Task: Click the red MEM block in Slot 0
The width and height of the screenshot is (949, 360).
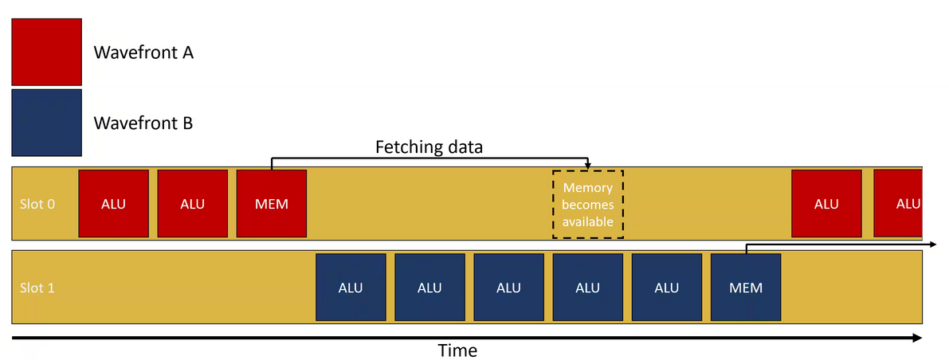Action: pyautogui.click(x=272, y=203)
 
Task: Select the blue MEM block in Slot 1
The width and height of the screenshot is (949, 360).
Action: pyautogui.click(x=745, y=288)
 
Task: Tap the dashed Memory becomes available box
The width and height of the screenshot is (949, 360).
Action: pyautogui.click(x=588, y=204)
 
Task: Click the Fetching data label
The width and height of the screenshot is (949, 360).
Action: pyautogui.click(x=429, y=147)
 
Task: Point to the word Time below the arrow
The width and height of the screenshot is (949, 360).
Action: pyautogui.click(x=458, y=350)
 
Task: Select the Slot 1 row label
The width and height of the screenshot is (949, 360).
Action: pyautogui.click(x=37, y=288)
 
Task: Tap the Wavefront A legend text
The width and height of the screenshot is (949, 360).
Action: pyautogui.click(x=143, y=53)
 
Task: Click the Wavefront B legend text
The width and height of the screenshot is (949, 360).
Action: pyautogui.click(x=143, y=123)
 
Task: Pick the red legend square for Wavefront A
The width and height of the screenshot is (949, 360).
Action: pyautogui.click(x=46, y=51)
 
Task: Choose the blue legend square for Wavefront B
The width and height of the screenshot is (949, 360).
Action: pyautogui.click(x=46, y=122)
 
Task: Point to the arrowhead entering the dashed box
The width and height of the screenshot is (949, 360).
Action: pyautogui.click(x=588, y=165)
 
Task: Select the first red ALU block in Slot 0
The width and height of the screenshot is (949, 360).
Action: pyautogui.click(x=113, y=203)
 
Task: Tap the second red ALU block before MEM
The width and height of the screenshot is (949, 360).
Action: pyautogui.click(x=192, y=203)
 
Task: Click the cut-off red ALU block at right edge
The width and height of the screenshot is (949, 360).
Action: pyautogui.click(x=899, y=203)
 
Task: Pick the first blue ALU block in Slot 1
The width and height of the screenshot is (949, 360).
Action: pyautogui.click(x=351, y=288)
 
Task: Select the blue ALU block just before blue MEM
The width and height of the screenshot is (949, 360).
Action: pyautogui.click(x=666, y=288)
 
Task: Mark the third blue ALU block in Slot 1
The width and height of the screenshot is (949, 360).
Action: pyautogui.click(x=508, y=288)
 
